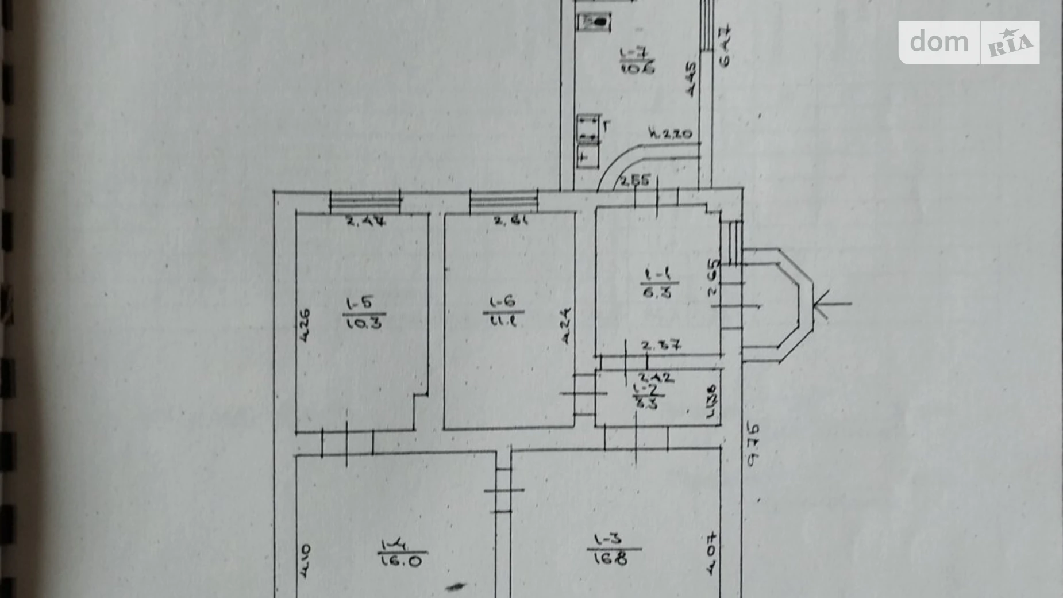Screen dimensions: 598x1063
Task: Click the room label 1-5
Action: (360, 303)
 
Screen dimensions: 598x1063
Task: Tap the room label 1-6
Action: (503, 302)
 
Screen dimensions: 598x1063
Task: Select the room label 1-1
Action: (656, 274)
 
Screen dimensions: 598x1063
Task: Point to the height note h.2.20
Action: (670, 133)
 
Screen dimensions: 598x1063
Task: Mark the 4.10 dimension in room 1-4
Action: (305, 561)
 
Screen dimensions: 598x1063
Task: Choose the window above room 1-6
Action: (504, 201)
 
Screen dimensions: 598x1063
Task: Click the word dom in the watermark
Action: (939, 42)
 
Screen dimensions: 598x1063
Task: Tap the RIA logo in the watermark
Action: (1010, 43)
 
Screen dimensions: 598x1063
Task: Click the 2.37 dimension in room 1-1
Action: (661, 346)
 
